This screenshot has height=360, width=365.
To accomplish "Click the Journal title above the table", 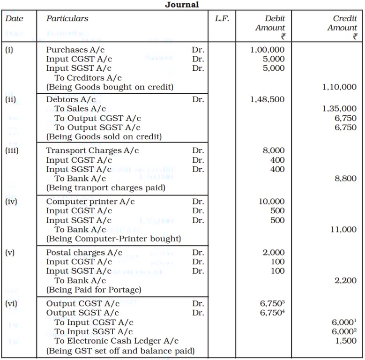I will coord(182,5).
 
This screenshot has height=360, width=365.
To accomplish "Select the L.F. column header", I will coord(222,19).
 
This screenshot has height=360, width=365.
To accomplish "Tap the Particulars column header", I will coord(67,19).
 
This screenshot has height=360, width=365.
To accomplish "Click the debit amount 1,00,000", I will coord(267,49).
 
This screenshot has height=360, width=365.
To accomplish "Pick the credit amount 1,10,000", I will coord(339,87).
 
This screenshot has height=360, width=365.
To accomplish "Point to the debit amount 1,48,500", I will coord(267,99).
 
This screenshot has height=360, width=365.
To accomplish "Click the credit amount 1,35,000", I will coord(339,109).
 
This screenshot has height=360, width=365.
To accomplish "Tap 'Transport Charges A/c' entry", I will coord(92,150).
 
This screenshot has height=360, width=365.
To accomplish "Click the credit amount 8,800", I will coord(346,179).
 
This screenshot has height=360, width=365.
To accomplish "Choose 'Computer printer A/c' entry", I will coord(90,202).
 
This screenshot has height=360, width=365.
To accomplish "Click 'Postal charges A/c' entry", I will coord(84,253).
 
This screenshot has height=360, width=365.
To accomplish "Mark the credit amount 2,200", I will coord(346,280).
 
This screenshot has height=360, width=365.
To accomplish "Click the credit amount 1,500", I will coord(346,341).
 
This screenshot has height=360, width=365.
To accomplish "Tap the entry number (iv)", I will coord(11,202).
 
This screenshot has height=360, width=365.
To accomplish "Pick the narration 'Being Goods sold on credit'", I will coord(104,137).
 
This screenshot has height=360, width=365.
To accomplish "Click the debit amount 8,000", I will coord(274,150).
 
